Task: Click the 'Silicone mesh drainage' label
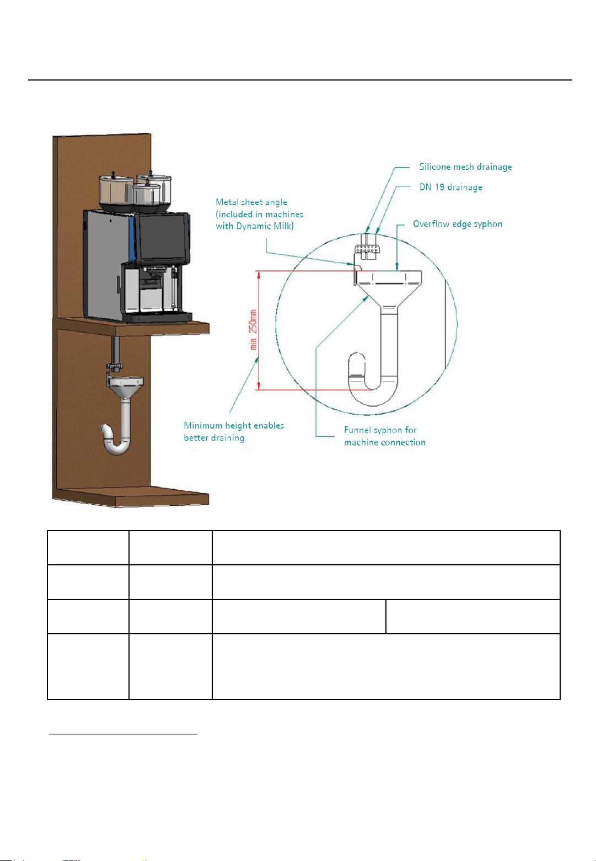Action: [465, 167]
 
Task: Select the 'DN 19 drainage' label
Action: [451, 187]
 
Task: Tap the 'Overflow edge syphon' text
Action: [457, 224]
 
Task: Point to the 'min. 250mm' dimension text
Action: [253, 330]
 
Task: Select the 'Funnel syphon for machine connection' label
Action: [385, 436]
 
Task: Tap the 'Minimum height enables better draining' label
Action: [234, 431]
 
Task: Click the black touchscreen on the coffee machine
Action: [162, 237]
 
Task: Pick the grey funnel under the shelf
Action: [126, 387]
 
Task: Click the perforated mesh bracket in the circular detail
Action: [367, 249]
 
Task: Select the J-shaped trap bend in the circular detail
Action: [372, 381]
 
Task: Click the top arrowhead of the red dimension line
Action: [259, 275]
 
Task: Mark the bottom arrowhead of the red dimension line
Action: [259, 386]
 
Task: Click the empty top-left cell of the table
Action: [88, 547]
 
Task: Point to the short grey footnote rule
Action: [124, 734]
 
